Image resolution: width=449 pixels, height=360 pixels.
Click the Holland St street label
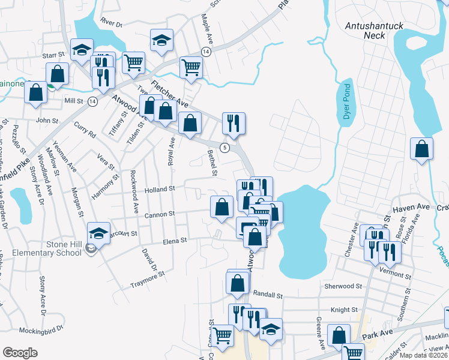pos(159,188)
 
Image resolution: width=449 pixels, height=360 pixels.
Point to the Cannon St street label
pos(159,213)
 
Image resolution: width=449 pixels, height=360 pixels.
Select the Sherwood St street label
pos(340,286)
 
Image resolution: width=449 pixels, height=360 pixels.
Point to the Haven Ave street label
pos(411,208)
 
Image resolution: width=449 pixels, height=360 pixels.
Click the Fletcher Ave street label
pos(170,95)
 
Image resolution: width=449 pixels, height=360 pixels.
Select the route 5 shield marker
pos(224,148)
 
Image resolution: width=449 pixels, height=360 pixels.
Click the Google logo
pos(20,353)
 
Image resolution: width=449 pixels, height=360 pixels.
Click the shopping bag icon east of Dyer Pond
pos(422,149)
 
